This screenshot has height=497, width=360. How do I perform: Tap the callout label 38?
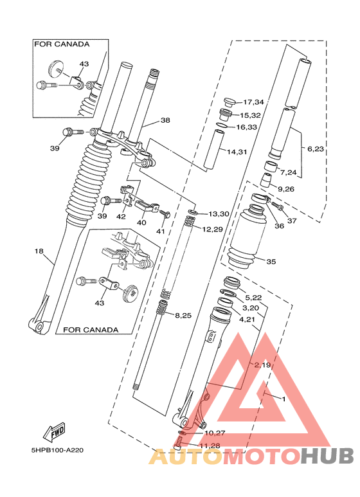pos(165,120)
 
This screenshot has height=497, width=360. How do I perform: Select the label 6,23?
pos(316,149)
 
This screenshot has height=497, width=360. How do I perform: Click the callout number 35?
pos(271,262)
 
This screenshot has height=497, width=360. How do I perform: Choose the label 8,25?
pos(184,314)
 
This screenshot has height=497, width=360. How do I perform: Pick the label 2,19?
pos(262,365)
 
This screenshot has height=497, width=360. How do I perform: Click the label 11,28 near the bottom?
pos(210,445)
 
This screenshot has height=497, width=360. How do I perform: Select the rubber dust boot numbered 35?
pos(244,241)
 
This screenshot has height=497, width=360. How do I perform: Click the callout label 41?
pos(161,231)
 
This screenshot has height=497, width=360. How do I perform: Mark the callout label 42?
pos(121,216)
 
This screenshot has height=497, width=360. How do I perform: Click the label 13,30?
pos(219,213)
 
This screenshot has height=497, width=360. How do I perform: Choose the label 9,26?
pos(285,189)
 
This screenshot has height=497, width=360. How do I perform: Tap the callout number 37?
pos(292,221)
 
